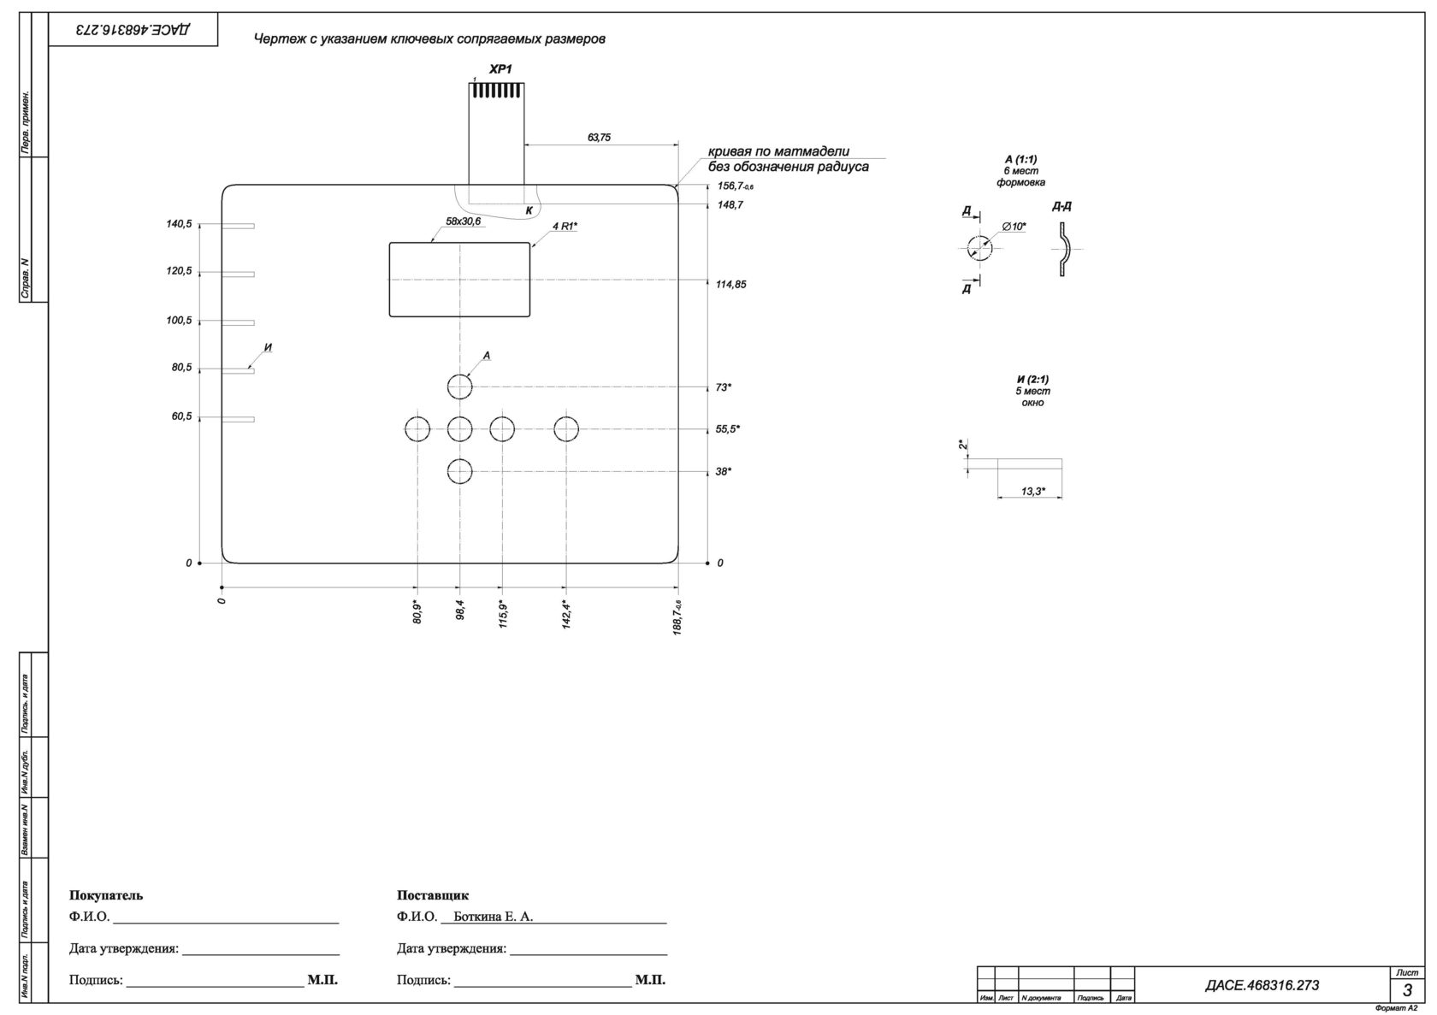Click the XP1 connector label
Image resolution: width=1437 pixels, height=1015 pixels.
[x=500, y=69]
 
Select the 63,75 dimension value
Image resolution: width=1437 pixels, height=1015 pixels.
[x=599, y=137]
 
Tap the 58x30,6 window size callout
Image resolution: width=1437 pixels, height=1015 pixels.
[x=464, y=221]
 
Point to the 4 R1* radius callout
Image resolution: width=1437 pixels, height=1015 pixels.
[x=565, y=226]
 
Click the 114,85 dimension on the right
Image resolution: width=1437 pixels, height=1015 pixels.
[x=730, y=284]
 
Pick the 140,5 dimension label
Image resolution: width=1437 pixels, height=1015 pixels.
[x=179, y=224]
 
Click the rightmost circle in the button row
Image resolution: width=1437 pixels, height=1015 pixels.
[x=566, y=429]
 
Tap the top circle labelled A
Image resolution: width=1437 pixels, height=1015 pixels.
[x=460, y=387]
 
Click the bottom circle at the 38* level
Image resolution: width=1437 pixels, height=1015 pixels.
[x=460, y=471]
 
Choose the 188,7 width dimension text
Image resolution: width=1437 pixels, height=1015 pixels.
[x=678, y=616]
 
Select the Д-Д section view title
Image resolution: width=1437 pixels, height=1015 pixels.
[x=1061, y=207]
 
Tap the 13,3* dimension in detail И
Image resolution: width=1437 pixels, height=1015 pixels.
[x=1033, y=491]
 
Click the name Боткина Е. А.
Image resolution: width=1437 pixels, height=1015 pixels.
[x=494, y=917]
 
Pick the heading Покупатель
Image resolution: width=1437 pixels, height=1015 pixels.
[x=106, y=895]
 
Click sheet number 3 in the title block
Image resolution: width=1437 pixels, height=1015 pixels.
[x=1407, y=990]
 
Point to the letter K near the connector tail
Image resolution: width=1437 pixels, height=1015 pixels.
[x=529, y=209]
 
